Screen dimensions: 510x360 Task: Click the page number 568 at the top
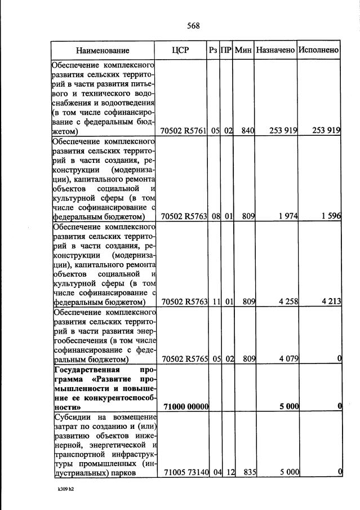pyautogui.click(x=193, y=25)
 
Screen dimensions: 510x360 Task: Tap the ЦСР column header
pyautogui.click(x=180, y=50)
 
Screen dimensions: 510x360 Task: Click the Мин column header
pyautogui.click(x=243, y=50)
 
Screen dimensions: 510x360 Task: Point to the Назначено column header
pyautogui.click(x=275, y=50)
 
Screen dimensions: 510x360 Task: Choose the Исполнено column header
pyautogui.click(x=319, y=50)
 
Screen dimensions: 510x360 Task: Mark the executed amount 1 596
pyautogui.click(x=330, y=216)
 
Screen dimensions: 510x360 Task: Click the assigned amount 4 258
pyautogui.click(x=287, y=301)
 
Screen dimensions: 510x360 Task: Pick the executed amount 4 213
pyautogui.click(x=330, y=301)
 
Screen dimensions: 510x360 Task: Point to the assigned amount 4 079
pyautogui.click(x=287, y=358)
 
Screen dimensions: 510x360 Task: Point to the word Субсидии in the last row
pyautogui.click(x=70, y=417)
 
